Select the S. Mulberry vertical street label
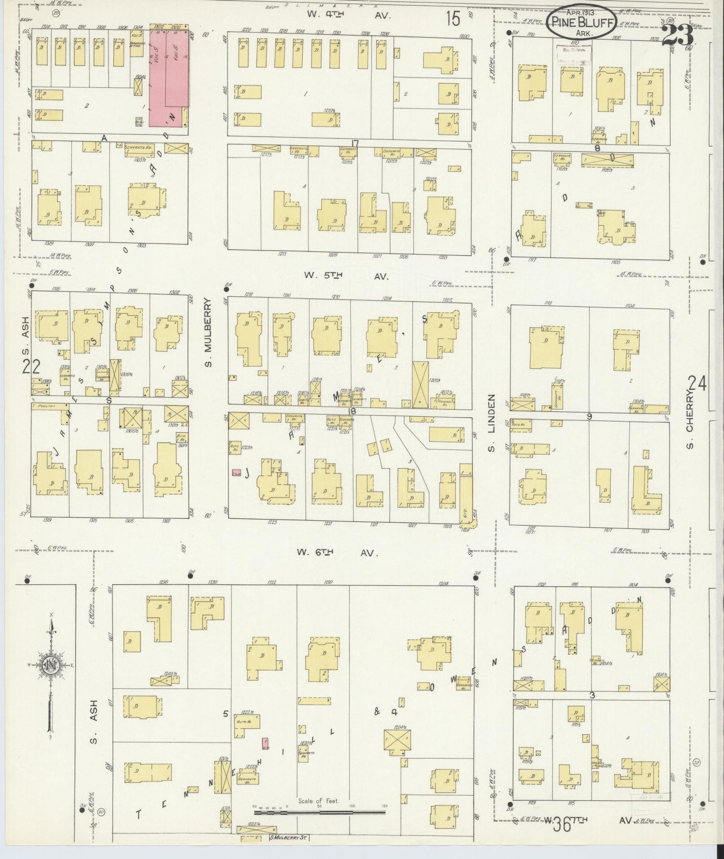[x=208, y=332]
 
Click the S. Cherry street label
[x=690, y=421]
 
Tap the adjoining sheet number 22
[x=31, y=367]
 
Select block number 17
[x=355, y=144]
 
